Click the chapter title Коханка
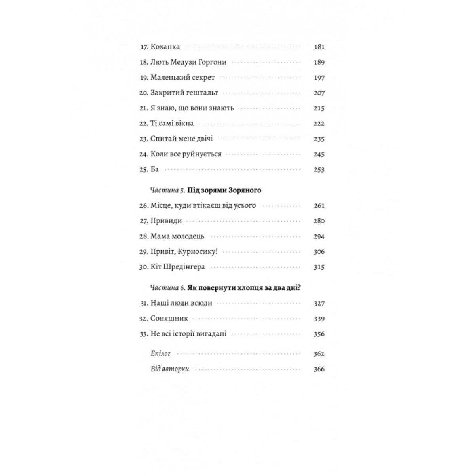click(x=165, y=47)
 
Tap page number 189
click(x=319, y=62)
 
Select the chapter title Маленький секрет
click(x=182, y=78)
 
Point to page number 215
click(x=319, y=108)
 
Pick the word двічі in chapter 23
click(x=204, y=139)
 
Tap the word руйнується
click(x=202, y=154)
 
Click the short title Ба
click(x=155, y=169)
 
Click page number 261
click(x=319, y=206)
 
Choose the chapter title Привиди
click(x=166, y=221)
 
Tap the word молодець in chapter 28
click(x=188, y=237)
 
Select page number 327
click(x=319, y=304)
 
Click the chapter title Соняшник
click(x=169, y=319)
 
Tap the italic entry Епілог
click(x=160, y=354)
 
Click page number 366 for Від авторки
click(x=319, y=369)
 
